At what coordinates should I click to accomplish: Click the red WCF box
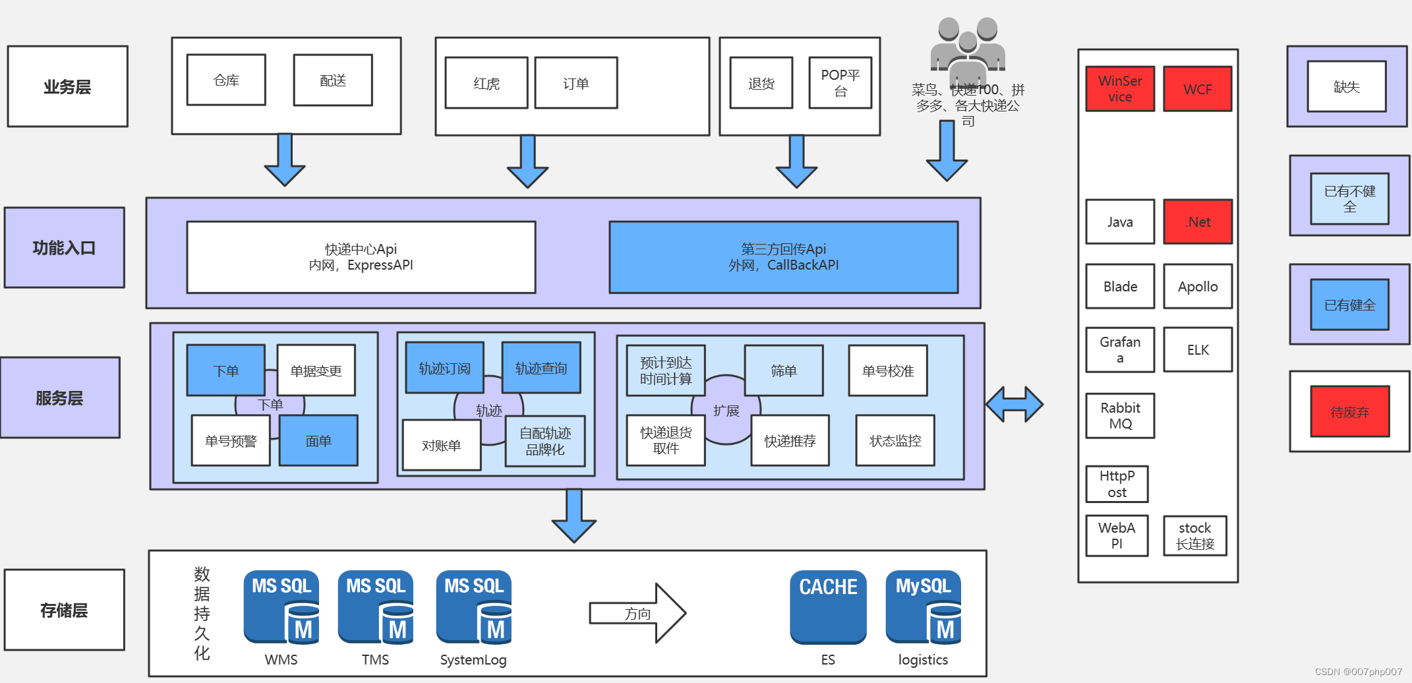click(1197, 89)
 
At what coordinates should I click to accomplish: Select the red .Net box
click(1197, 222)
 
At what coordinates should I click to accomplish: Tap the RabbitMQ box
click(1120, 415)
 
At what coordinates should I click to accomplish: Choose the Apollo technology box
click(1197, 286)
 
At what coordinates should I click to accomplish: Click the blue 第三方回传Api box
click(783, 257)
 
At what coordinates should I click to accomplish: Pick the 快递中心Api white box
click(361, 257)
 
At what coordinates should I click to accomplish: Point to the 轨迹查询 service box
click(541, 368)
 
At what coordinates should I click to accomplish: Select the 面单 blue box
click(318, 440)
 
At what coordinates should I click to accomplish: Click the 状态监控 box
click(895, 440)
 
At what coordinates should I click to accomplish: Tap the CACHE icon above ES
click(828, 607)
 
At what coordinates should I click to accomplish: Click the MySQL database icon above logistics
click(923, 607)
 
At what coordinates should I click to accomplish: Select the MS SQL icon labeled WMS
click(281, 607)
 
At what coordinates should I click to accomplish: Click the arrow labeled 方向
click(637, 613)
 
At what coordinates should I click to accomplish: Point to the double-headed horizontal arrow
click(1014, 404)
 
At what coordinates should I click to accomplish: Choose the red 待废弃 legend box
click(1349, 411)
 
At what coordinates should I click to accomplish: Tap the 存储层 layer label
click(64, 610)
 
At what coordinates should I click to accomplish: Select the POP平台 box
click(840, 82)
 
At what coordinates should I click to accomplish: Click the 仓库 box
click(226, 80)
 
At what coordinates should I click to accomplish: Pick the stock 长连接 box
click(1194, 535)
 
